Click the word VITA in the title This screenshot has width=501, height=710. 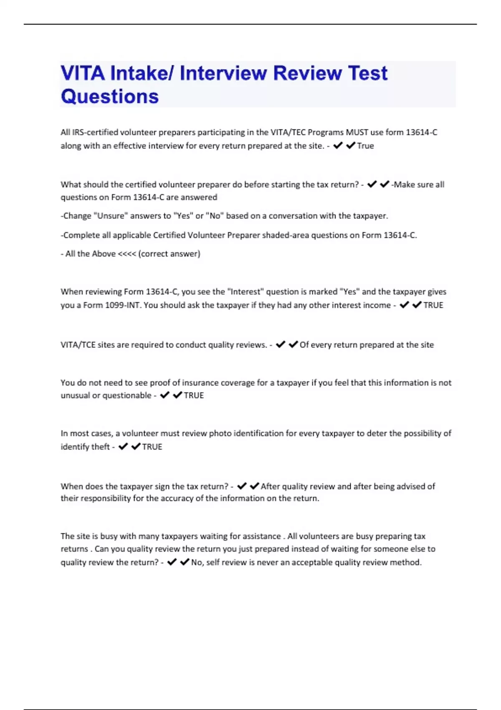(83, 74)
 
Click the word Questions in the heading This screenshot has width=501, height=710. (110, 96)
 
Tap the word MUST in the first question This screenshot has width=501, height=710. (357, 132)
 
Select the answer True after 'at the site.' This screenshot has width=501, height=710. (366, 146)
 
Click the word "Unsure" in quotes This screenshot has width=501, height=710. (111, 216)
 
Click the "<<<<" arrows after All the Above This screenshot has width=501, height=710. (127, 254)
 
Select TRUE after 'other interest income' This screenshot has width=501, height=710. (433, 305)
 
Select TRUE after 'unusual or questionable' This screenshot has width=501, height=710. (194, 396)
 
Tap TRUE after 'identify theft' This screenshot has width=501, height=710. (152, 447)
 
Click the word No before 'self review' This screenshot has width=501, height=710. (197, 563)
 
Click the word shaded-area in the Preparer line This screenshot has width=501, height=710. (283, 235)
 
